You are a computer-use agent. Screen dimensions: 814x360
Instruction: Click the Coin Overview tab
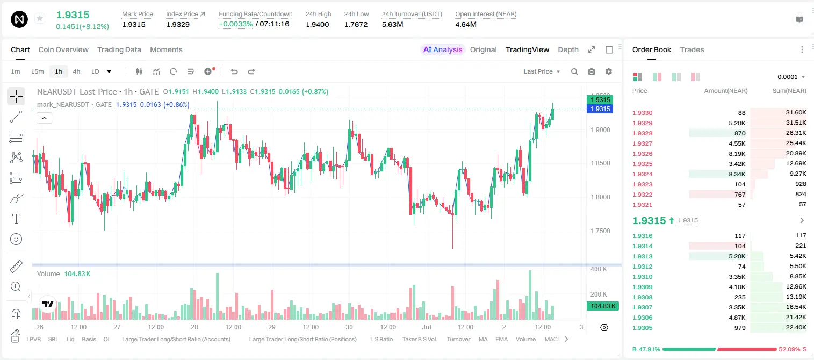(x=63, y=50)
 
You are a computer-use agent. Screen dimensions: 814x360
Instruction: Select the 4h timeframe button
(x=76, y=71)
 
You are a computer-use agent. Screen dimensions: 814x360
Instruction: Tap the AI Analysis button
(x=443, y=50)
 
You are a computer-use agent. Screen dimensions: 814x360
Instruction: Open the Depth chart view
(x=568, y=50)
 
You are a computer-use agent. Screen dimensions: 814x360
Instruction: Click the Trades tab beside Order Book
(x=692, y=50)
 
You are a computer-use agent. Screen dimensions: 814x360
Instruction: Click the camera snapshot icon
(x=592, y=71)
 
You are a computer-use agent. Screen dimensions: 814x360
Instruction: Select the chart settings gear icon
(x=609, y=71)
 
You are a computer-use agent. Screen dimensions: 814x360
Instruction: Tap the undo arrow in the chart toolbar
(x=234, y=71)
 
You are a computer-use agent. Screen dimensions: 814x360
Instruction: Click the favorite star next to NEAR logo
(x=40, y=19)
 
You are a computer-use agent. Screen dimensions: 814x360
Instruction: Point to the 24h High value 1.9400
(x=317, y=24)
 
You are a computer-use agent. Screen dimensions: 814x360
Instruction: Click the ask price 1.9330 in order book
(x=642, y=113)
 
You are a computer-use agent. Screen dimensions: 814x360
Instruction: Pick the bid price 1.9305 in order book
(x=642, y=328)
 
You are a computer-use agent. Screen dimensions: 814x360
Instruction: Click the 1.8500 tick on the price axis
(x=600, y=163)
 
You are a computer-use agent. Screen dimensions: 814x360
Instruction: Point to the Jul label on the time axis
(x=426, y=327)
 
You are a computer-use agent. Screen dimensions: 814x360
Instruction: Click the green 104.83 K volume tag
(x=603, y=306)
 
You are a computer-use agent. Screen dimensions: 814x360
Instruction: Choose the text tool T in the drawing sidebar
(x=16, y=219)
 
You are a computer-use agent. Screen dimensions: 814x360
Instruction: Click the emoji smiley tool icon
(x=16, y=239)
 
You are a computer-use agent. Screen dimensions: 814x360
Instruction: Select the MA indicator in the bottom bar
(x=483, y=339)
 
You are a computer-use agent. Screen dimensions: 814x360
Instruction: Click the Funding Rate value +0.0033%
(x=235, y=24)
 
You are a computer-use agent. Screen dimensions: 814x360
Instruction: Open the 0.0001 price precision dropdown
(x=791, y=77)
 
